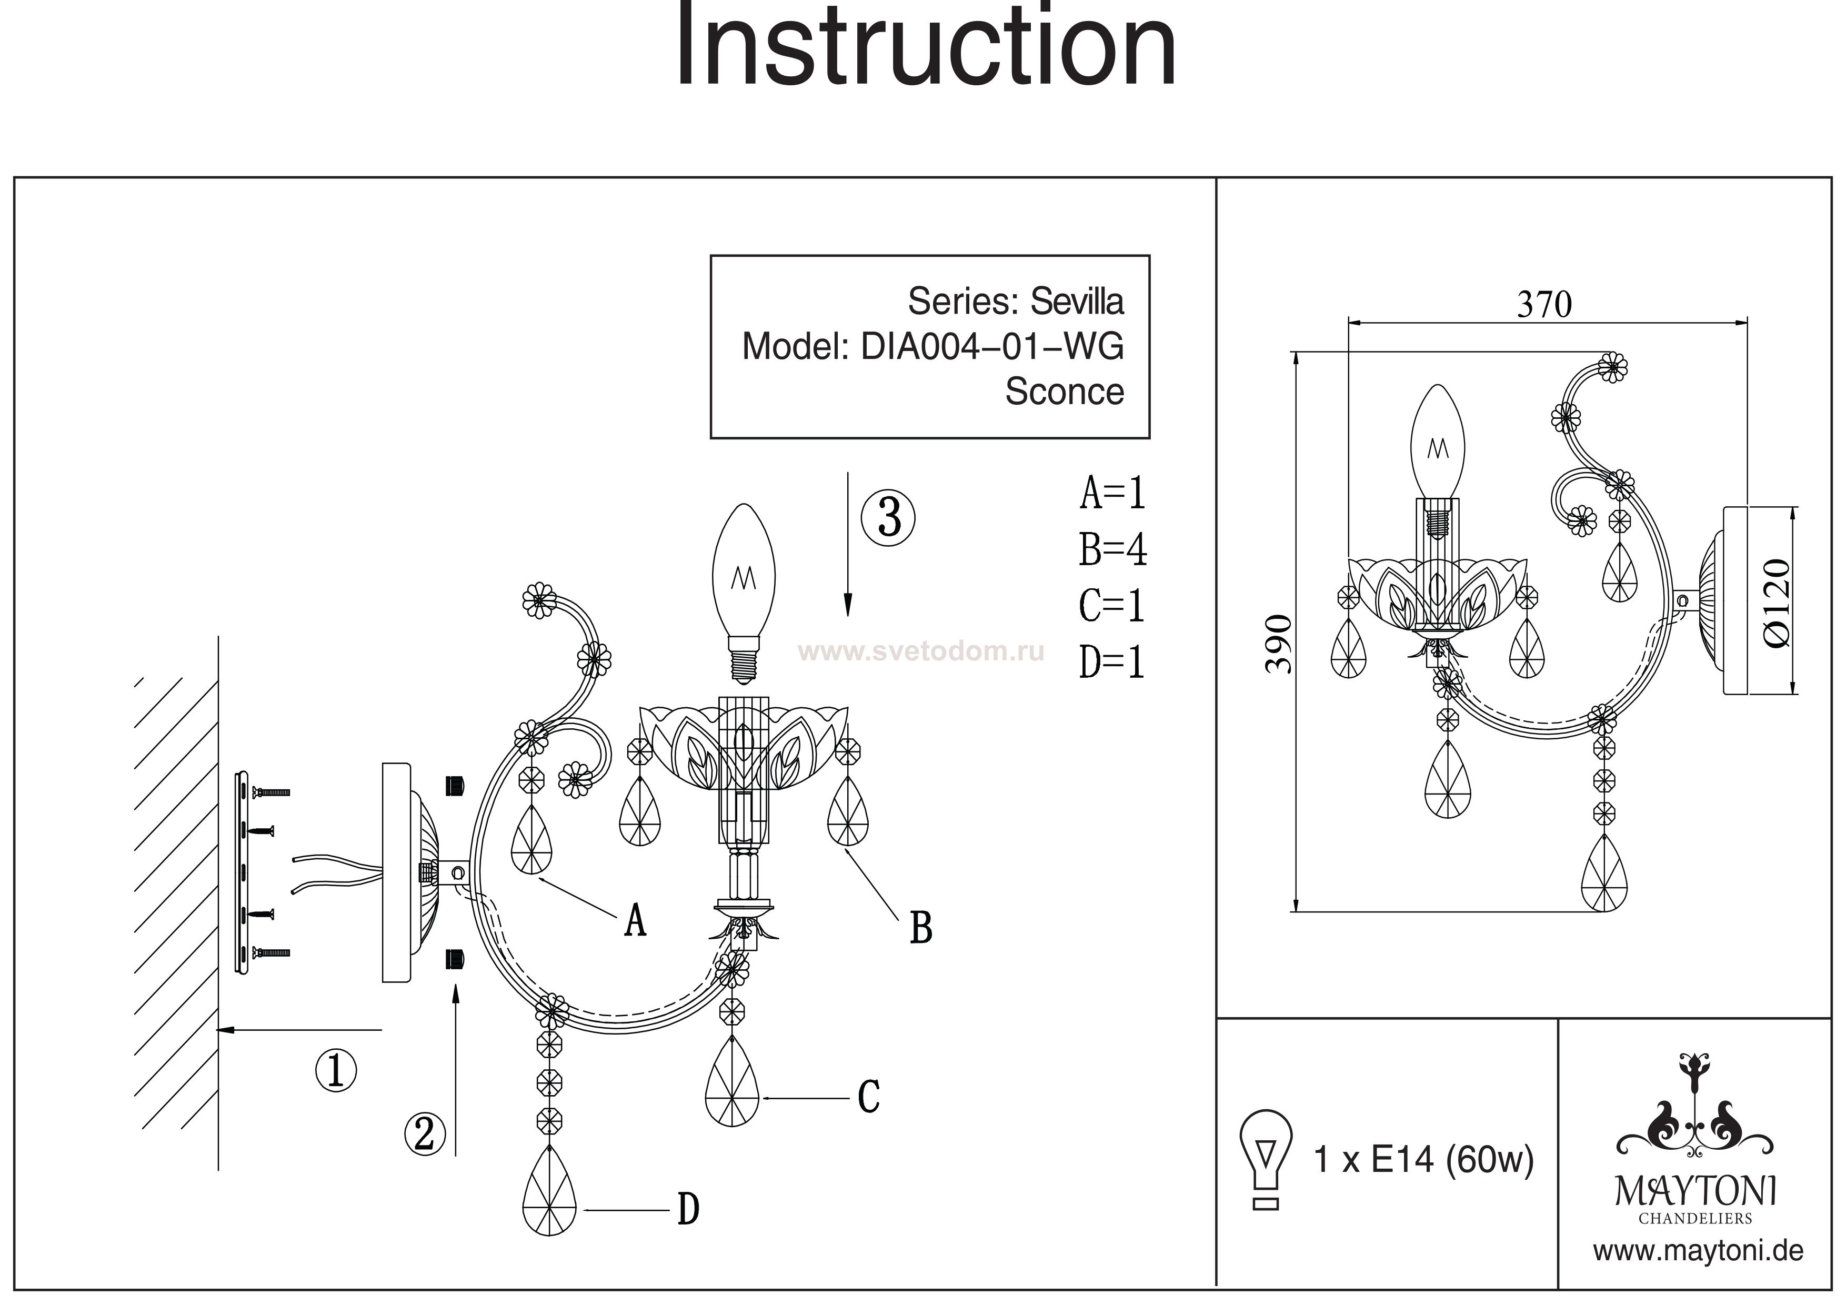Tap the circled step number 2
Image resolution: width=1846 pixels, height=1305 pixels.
click(425, 1134)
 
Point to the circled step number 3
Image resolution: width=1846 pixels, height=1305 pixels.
click(888, 517)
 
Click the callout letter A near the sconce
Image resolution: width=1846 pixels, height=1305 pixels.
click(635, 921)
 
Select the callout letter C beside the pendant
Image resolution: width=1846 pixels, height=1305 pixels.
click(868, 1097)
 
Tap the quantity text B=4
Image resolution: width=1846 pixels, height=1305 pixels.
click(1113, 550)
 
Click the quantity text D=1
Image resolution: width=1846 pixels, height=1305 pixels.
click(1112, 662)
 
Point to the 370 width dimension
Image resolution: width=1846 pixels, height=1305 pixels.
click(1544, 305)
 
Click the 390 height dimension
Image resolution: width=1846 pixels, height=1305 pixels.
click(1278, 643)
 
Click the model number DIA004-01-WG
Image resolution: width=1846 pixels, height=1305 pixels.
click(992, 347)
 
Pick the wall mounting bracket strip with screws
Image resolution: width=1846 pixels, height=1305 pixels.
click(240, 872)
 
